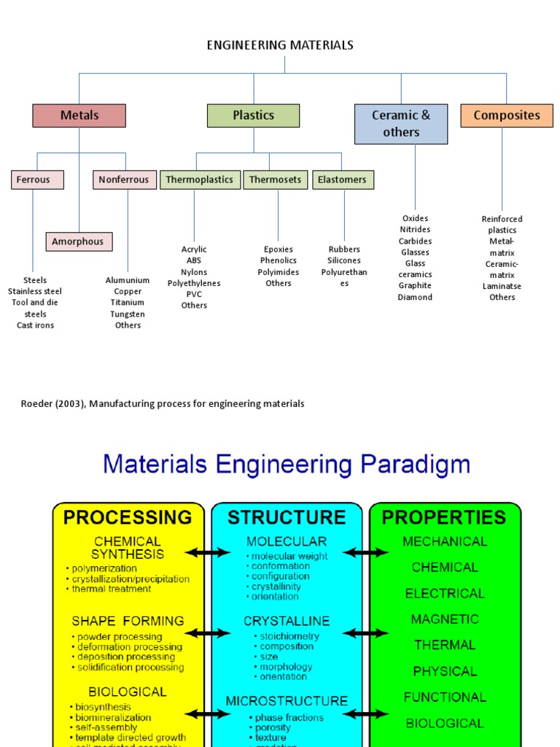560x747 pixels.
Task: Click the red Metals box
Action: [79, 115]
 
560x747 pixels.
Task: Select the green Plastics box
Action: [253, 115]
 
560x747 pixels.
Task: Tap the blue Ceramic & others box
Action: [401, 124]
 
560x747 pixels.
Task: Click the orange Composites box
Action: [506, 115]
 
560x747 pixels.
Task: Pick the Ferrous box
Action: [37, 179]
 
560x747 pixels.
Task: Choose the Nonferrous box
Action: [124, 179]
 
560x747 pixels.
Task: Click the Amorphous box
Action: [79, 241]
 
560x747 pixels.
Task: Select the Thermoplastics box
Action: [200, 179]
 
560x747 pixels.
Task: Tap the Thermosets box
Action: [276, 179]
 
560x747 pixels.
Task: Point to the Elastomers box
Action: [343, 179]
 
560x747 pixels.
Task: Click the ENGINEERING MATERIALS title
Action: [280, 45]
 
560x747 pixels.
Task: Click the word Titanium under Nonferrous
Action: [128, 303]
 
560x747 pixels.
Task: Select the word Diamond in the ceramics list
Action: [415, 297]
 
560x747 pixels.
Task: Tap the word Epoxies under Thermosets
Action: [278, 249]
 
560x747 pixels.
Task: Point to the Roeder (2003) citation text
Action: [163, 404]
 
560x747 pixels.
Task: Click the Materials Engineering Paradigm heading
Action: [287, 465]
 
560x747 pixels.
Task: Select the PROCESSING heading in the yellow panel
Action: [128, 517]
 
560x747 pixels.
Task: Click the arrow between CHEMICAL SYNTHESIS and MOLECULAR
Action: [208, 553]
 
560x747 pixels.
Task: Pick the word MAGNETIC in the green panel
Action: [444, 619]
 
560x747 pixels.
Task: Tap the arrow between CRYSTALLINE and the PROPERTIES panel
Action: [365, 633]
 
